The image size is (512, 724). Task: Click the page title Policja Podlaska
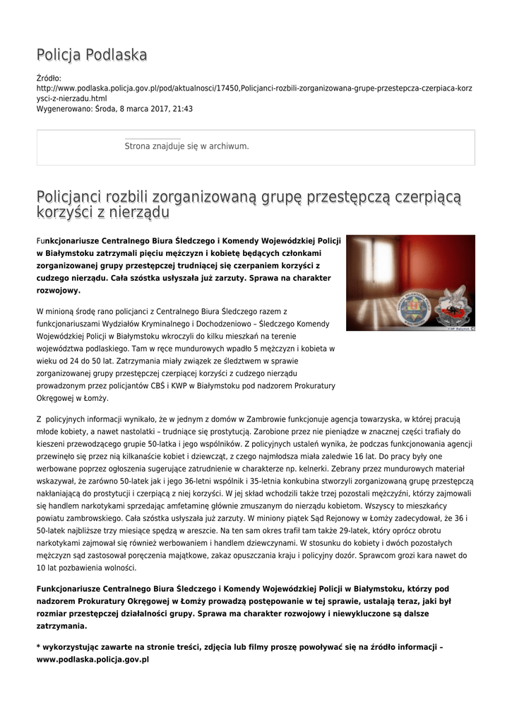(x=92, y=55)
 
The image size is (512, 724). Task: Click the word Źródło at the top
(x=48, y=78)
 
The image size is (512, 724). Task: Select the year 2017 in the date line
(x=152, y=110)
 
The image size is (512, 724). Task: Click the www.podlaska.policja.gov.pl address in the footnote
(x=93, y=659)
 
